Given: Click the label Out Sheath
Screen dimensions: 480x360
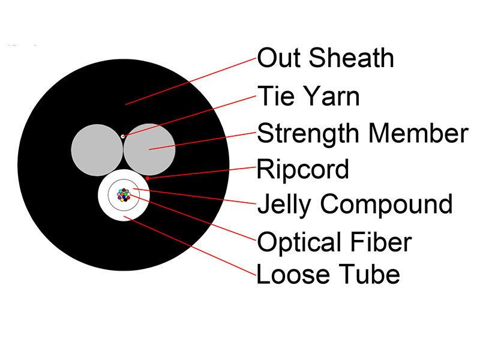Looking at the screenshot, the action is pyautogui.click(x=325, y=58).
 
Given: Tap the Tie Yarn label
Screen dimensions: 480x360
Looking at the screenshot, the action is pyautogui.click(x=308, y=96).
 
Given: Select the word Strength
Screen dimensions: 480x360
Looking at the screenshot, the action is pyautogui.click(x=308, y=134).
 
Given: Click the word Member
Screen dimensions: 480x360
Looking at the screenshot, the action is pyautogui.click(x=419, y=133).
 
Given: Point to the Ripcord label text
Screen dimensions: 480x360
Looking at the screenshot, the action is pyautogui.click(x=303, y=169).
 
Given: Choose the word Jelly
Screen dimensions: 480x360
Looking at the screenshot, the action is pyautogui.click(x=284, y=204).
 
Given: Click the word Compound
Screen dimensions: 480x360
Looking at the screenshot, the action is pyautogui.click(x=386, y=204).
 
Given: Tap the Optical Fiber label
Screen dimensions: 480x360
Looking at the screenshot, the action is pyautogui.click(x=334, y=242).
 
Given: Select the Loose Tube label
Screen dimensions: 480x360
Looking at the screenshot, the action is pyautogui.click(x=328, y=274).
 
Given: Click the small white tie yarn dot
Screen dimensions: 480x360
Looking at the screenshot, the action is pyautogui.click(x=123, y=136).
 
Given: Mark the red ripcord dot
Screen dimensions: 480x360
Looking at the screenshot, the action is pyautogui.click(x=148, y=178).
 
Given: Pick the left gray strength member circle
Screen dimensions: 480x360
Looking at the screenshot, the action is pyautogui.click(x=97, y=150).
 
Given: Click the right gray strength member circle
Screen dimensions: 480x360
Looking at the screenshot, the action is pyautogui.click(x=149, y=150).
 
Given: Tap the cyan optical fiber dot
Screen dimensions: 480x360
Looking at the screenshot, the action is pyautogui.click(x=121, y=191).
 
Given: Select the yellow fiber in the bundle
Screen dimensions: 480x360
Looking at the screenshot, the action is pyautogui.click(x=122, y=200).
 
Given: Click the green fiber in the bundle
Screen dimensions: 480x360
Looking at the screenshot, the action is pyautogui.click(x=125, y=194).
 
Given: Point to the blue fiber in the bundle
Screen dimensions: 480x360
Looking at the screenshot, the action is pyautogui.click(x=124, y=197).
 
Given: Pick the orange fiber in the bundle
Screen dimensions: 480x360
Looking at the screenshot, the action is pyautogui.click(x=122, y=194).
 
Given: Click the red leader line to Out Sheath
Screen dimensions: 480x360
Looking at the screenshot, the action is pyautogui.click(x=191, y=82).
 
